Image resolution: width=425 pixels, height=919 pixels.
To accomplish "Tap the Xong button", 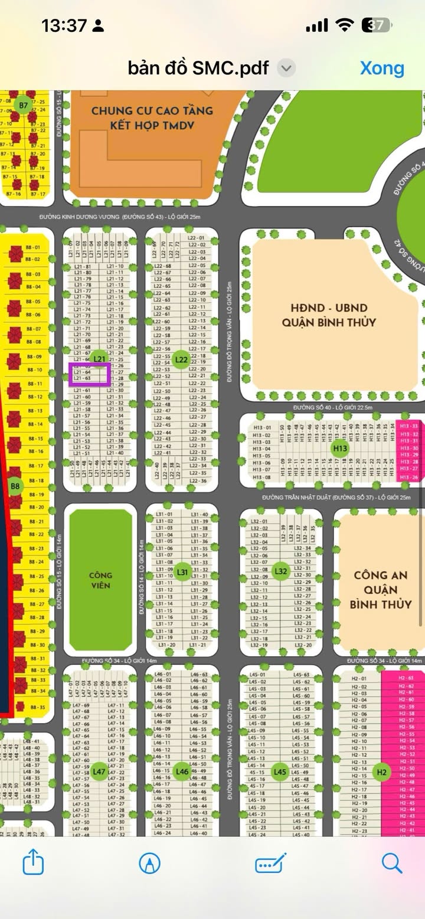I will (x=382, y=68).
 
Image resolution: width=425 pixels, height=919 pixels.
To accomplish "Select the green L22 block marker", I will (x=182, y=360).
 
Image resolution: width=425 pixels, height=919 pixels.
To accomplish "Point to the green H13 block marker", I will (x=340, y=449).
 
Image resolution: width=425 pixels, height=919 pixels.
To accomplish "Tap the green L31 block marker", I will (x=182, y=572).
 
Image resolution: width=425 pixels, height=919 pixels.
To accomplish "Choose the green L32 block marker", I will (x=281, y=571).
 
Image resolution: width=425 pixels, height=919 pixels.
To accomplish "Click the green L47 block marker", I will (x=99, y=771).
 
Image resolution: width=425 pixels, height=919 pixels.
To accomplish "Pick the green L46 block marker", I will (x=182, y=771).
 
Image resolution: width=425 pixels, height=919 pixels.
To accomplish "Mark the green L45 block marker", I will (x=280, y=771).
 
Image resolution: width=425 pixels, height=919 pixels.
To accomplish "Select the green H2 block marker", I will (x=382, y=772).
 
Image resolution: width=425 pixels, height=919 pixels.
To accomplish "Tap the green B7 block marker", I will (x=23, y=106).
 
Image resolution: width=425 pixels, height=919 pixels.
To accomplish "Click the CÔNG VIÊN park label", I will (x=100, y=580).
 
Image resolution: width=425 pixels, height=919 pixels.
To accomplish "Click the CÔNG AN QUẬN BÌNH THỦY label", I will (x=381, y=589).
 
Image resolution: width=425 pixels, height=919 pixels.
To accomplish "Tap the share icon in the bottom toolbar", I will (x=33, y=864).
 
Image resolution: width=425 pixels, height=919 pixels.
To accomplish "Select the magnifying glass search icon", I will (x=392, y=863).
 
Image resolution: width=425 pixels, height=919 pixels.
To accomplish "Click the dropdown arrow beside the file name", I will (x=286, y=68).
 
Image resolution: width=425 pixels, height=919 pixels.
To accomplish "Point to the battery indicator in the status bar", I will (x=377, y=25).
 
